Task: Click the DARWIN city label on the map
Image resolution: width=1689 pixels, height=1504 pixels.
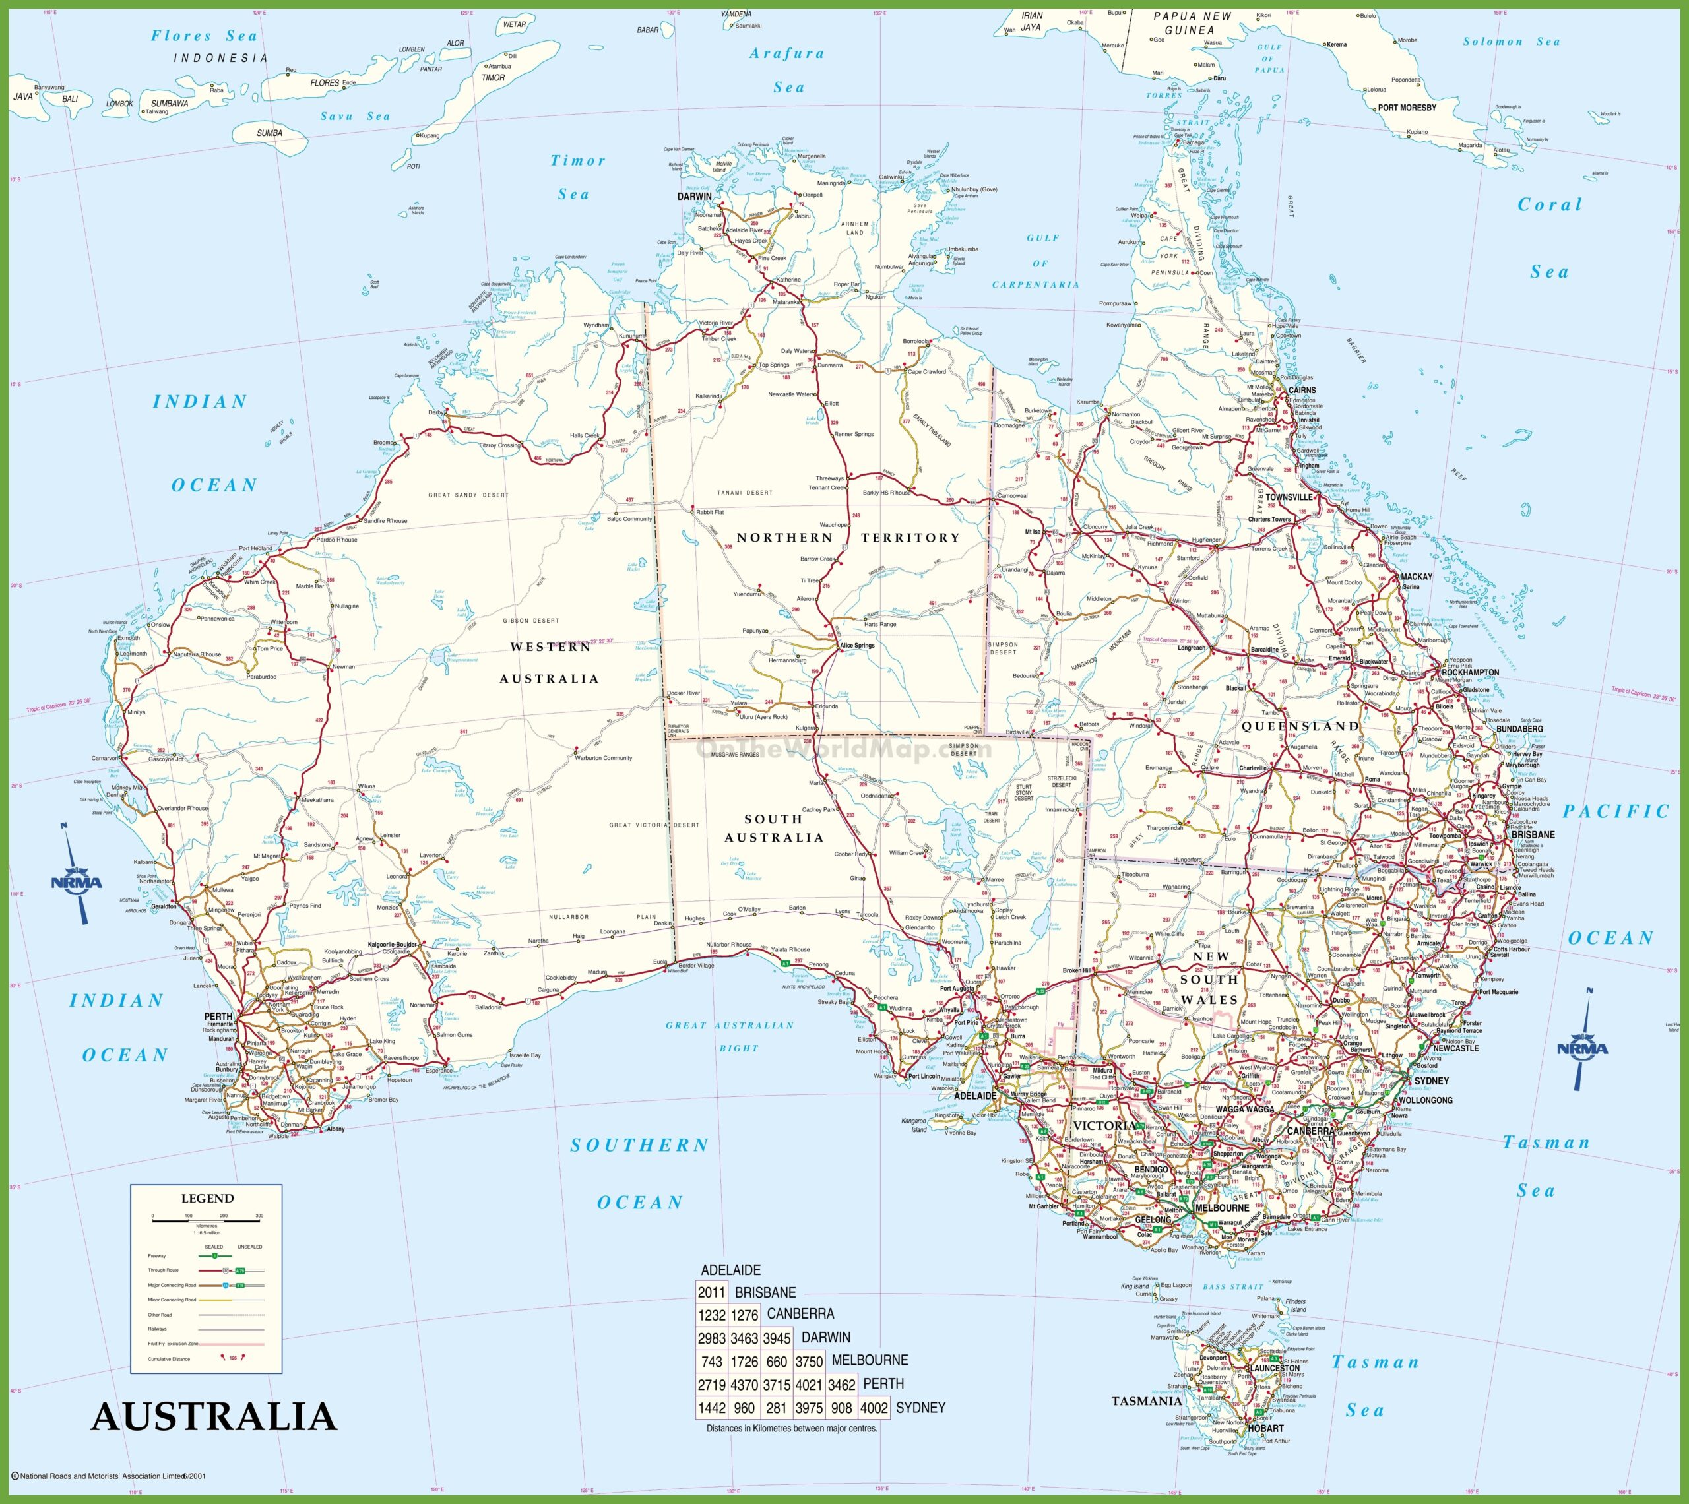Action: point(694,197)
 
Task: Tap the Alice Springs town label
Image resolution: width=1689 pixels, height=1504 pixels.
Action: point(857,645)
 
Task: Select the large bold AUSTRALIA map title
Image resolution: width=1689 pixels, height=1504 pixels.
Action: point(214,1417)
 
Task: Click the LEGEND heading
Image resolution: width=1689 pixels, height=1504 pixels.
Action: point(207,1198)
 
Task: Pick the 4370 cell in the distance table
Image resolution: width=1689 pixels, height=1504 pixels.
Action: point(744,1384)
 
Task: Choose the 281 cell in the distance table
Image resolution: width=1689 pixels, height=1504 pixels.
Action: point(776,1408)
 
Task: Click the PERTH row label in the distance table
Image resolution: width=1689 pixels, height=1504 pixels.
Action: point(883,1383)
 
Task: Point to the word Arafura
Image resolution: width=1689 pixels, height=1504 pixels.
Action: point(786,53)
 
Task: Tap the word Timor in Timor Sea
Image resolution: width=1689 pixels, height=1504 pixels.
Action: point(577,160)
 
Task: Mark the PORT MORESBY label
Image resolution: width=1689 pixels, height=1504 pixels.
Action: point(1407,108)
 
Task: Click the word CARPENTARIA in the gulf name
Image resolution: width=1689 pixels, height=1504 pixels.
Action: point(1035,284)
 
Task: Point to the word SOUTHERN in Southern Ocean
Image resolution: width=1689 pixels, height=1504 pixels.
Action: point(639,1145)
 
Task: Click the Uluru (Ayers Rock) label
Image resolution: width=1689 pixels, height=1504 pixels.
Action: point(763,716)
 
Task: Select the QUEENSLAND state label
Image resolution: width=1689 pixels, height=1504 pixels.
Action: point(1300,726)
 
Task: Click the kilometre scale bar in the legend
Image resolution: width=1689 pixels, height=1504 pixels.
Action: point(206,1220)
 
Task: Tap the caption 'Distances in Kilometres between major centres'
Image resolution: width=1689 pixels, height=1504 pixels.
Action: point(792,1429)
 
